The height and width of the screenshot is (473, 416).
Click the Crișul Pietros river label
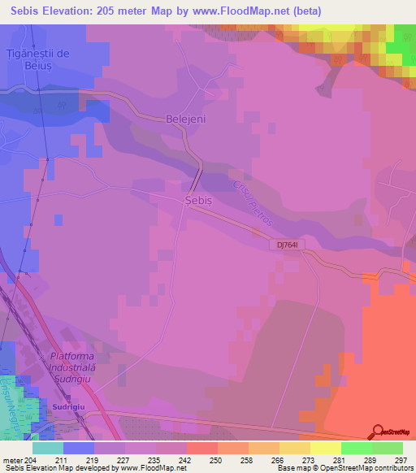(x=248, y=203)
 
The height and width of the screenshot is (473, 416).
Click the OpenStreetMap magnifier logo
(x=378, y=432)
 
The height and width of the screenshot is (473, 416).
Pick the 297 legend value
(x=400, y=459)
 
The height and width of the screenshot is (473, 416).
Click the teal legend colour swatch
(x=48, y=448)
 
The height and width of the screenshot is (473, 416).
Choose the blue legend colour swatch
(x=79, y=448)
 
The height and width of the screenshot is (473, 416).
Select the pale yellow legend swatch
(x=326, y=448)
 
